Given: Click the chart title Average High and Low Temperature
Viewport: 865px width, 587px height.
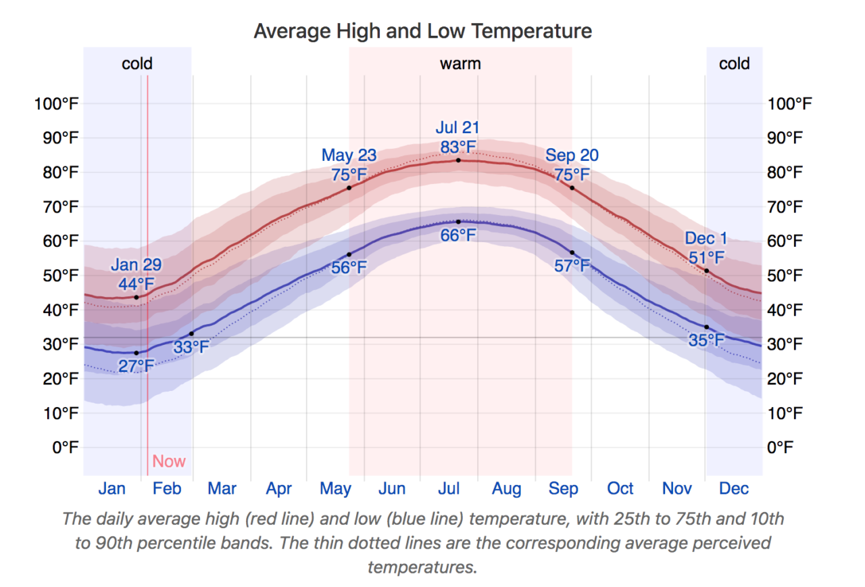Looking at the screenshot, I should [x=422, y=31].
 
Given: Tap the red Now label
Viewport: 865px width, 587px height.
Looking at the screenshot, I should [x=168, y=461].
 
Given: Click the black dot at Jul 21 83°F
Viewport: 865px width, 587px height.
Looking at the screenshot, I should [x=458, y=160].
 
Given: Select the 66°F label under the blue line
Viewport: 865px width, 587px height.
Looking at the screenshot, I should [x=458, y=236].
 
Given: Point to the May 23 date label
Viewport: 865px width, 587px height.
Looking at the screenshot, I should [x=349, y=156].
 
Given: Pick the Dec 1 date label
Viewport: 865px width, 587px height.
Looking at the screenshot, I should [x=706, y=238].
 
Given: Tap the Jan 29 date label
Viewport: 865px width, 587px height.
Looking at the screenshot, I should [x=136, y=264].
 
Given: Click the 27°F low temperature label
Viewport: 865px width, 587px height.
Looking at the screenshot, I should [x=136, y=367].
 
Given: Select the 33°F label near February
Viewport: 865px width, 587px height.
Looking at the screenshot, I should [x=191, y=348].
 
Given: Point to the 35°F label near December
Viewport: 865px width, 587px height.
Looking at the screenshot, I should [x=706, y=340].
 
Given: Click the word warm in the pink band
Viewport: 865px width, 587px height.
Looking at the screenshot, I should [x=460, y=64].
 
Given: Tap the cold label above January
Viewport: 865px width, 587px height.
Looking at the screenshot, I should [x=137, y=64].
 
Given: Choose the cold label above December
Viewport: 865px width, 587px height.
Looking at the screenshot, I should [x=734, y=64].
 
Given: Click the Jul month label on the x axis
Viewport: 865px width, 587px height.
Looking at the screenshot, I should [x=449, y=489].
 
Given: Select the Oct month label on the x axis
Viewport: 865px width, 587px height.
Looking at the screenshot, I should [x=620, y=489].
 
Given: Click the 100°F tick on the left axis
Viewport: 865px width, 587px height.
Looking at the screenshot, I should [x=56, y=104].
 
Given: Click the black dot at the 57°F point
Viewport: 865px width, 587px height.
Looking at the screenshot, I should [x=572, y=252].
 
